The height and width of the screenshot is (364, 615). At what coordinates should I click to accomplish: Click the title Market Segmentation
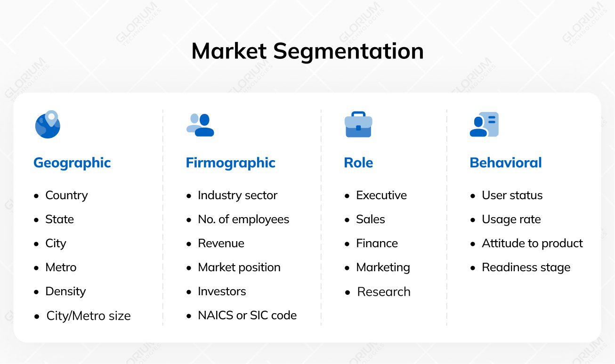click(307, 51)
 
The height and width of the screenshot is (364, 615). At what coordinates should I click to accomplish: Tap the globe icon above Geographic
click(48, 124)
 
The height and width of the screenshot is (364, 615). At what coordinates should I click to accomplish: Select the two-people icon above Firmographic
click(200, 125)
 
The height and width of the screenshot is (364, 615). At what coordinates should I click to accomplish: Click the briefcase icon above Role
click(358, 124)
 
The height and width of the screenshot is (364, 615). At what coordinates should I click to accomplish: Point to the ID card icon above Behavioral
click(484, 124)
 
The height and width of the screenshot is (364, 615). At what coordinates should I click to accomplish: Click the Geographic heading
click(72, 163)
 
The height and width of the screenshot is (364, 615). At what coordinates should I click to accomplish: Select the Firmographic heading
click(231, 163)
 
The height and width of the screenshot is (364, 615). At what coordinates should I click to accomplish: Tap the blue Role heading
click(358, 162)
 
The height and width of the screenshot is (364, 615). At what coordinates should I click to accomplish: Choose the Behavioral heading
click(506, 162)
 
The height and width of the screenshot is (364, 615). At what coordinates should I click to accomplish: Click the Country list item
click(66, 195)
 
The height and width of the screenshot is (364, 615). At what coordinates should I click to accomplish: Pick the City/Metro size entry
click(89, 315)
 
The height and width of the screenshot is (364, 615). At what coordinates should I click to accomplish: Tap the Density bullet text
click(65, 291)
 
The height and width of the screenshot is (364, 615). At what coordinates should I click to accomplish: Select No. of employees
click(243, 219)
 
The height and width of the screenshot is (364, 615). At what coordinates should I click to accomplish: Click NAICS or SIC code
click(247, 315)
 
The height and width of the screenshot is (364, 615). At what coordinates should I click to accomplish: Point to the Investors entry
click(222, 291)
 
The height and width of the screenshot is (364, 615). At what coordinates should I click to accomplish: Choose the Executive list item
click(381, 195)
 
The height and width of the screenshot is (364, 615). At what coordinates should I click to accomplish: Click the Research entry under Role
click(384, 292)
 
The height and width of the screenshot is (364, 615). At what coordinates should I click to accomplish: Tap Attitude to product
click(533, 243)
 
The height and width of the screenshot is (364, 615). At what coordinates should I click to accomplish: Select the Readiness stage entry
click(526, 267)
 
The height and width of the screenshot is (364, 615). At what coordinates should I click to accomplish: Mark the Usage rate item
click(511, 219)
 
